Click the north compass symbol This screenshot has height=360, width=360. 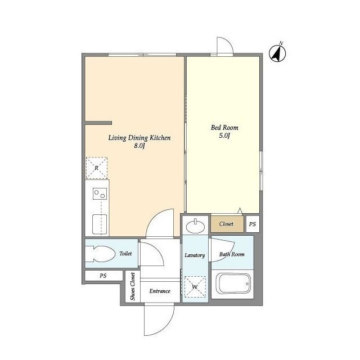277,53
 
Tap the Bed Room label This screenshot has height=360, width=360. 224,128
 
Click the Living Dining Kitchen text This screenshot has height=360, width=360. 139,138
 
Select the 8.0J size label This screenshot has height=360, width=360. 139,146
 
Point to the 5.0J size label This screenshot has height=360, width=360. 224,136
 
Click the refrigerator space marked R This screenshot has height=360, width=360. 96,168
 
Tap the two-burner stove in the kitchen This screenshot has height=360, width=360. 100,193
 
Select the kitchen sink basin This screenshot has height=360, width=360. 100,224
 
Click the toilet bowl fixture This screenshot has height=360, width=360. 100,254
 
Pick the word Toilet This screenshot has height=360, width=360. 125,254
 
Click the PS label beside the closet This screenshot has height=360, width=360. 253,224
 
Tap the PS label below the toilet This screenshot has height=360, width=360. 103,276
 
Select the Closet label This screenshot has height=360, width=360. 226,224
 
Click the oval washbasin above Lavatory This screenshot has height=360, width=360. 195,227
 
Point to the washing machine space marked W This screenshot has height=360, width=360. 195,287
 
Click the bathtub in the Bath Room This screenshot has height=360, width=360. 234,283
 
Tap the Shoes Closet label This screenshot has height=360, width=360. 133,286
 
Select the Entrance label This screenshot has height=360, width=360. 160,291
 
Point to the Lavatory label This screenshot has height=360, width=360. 195,255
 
